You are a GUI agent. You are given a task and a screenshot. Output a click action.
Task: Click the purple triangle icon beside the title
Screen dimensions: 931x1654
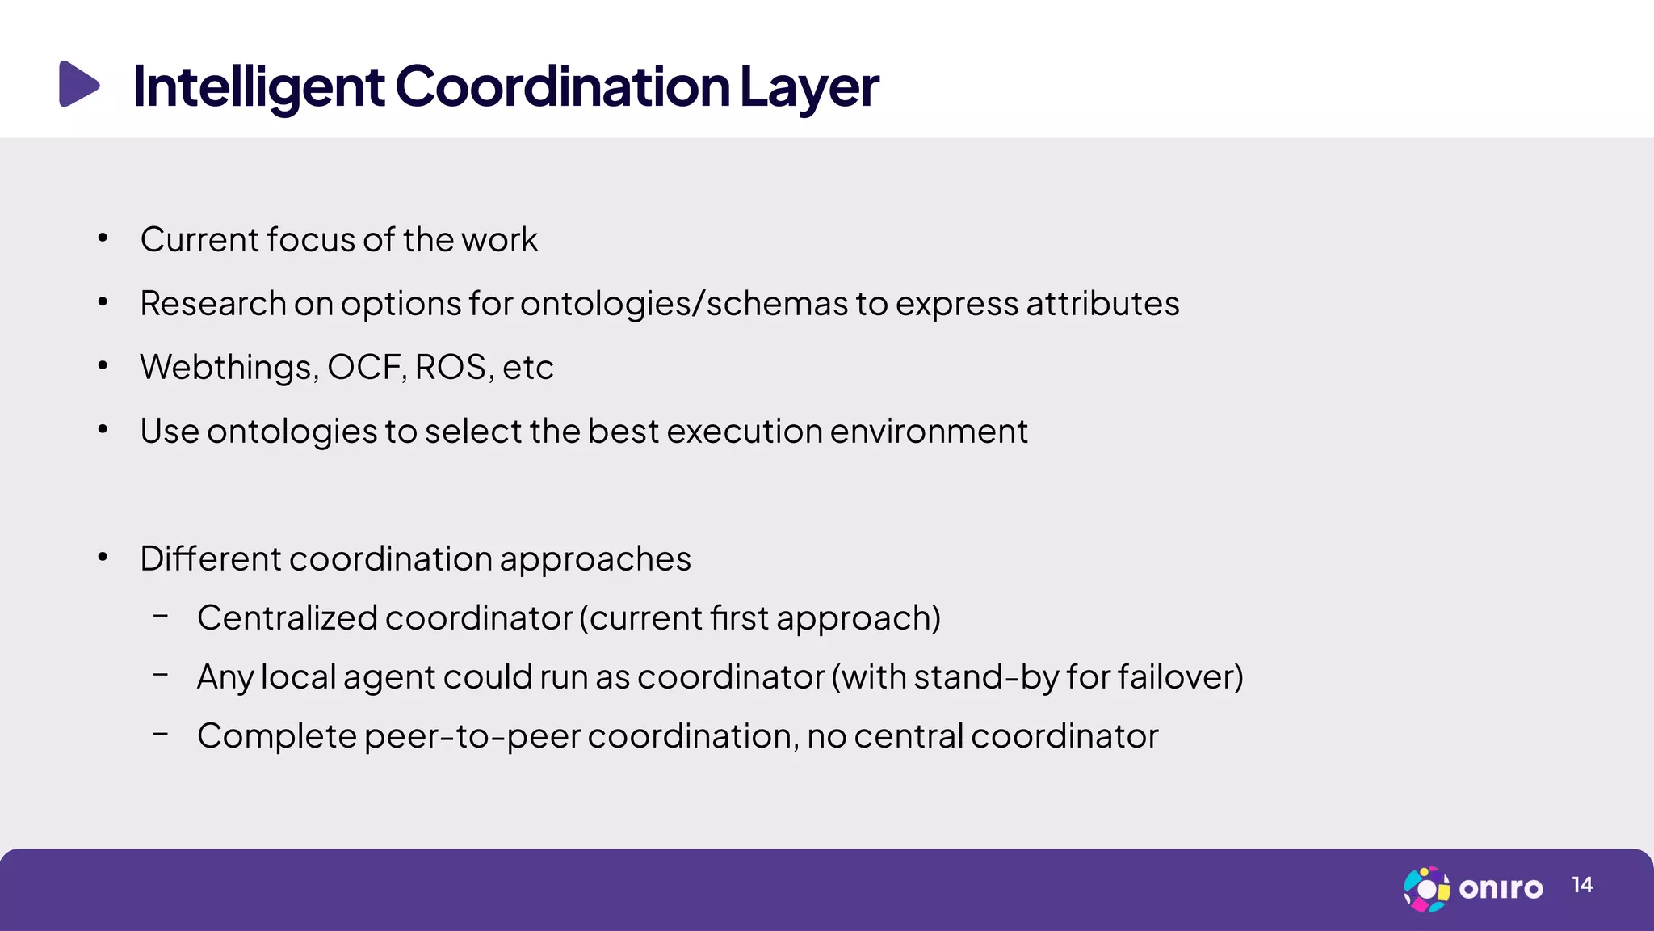tap(78, 84)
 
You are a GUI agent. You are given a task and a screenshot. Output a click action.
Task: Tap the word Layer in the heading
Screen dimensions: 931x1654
tap(808, 86)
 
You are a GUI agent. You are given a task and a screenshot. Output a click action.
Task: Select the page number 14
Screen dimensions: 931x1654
tap(1582, 885)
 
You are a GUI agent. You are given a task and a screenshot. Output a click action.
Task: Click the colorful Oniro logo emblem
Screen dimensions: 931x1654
tap(1426, 889)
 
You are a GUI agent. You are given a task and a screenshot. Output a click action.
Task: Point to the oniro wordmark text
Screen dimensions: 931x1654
tap(1501, 888)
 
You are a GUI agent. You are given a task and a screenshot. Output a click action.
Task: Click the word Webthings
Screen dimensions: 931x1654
tap(229, 368)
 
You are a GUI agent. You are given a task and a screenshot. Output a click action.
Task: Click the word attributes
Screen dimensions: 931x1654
tap(1102, 304)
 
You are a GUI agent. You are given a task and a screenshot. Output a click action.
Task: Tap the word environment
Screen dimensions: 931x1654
tap(929, 432)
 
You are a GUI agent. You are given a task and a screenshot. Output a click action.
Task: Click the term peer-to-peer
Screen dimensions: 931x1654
tap(472, 736)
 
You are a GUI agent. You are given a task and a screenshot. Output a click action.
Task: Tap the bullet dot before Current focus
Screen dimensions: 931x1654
tap(103, 238)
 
